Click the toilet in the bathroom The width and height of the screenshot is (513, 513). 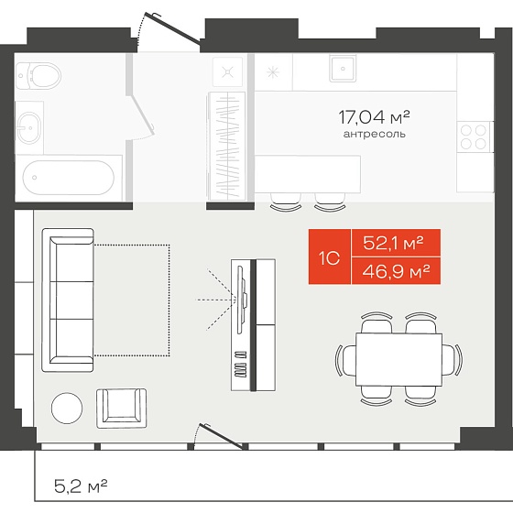[38, 76]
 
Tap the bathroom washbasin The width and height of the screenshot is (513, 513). [29, 128]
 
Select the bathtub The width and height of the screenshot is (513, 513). [69, 178]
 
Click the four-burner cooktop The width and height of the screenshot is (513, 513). [473, 136]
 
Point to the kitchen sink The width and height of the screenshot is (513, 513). [343, 69]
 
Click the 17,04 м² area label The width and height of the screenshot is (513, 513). [374, 117]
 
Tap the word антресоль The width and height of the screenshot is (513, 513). [375, 134]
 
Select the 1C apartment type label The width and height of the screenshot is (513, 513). [330, 258]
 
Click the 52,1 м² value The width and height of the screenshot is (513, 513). [393, 243]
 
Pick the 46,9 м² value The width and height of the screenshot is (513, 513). [396, 271]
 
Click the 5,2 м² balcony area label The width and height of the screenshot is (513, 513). [81, 486]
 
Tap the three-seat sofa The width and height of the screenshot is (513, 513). [68, 300]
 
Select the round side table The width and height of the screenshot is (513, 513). [67, 408]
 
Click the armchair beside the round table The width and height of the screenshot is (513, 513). [121, 409]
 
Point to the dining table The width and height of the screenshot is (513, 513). [398, 359]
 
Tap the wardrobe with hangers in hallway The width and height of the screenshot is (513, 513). [226, 146]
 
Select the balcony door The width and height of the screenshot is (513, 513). [222, 436]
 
